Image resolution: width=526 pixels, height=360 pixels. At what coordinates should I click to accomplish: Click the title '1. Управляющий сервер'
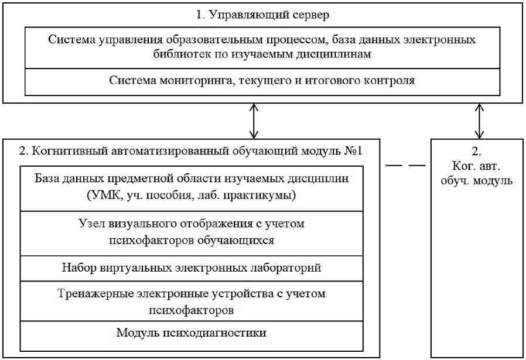(x=262, y=13)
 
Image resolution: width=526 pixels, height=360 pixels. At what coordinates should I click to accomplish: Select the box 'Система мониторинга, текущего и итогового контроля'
(x=262, y=81)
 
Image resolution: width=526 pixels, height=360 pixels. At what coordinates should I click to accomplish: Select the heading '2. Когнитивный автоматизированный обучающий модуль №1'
(x=191, y=150)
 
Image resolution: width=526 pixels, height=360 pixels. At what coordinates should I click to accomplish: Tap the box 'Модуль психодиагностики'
(x=192, y=332)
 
